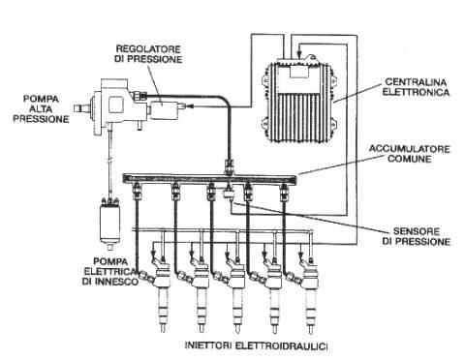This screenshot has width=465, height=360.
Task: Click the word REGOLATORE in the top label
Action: pos(148,49)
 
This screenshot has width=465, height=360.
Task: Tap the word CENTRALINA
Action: pos(416,82)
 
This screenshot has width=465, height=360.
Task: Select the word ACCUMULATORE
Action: pos(410,149)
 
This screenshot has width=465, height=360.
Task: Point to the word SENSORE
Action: pos(417,231)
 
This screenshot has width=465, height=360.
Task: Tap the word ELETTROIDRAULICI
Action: pos(281,345)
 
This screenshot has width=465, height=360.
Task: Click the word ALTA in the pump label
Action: pos(41,108)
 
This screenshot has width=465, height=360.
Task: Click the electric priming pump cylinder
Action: pos(109,223)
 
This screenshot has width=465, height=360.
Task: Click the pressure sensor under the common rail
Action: pos(230,193)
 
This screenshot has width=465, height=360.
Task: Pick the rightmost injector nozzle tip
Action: pos(311,329)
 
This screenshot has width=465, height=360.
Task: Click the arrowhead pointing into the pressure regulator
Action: pos(190,105)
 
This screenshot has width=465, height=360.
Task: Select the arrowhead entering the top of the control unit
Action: pos(299,54)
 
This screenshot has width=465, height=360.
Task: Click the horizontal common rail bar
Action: pos(209,178)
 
